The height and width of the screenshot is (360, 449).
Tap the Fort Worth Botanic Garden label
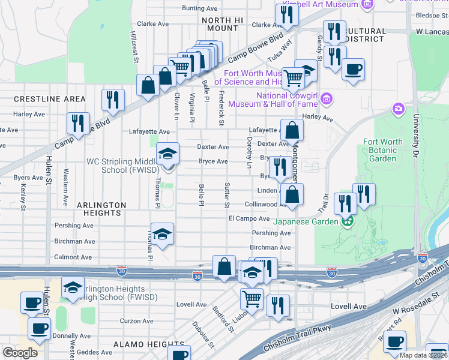pyautogui.click(x=383, y=151)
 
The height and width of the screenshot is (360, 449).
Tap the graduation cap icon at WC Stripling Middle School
pyautogui.click(x=168, y=154)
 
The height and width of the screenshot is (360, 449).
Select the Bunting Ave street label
pyautogui.click(x=199, y=8)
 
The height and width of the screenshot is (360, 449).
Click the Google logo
pyautogui.click(x=20, y=352)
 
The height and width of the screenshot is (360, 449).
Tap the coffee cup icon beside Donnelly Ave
pyautogui.click(x=40, y=329)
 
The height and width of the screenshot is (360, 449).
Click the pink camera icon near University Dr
pyautogui.click(x=397, y=109)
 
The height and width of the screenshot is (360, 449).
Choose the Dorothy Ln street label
pyautogui.click(x=249, y=155)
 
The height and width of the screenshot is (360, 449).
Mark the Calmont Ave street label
pyautogui.click(x=74, y=257)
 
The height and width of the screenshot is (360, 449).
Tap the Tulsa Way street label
pyautogui.click(x=280, y=52)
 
